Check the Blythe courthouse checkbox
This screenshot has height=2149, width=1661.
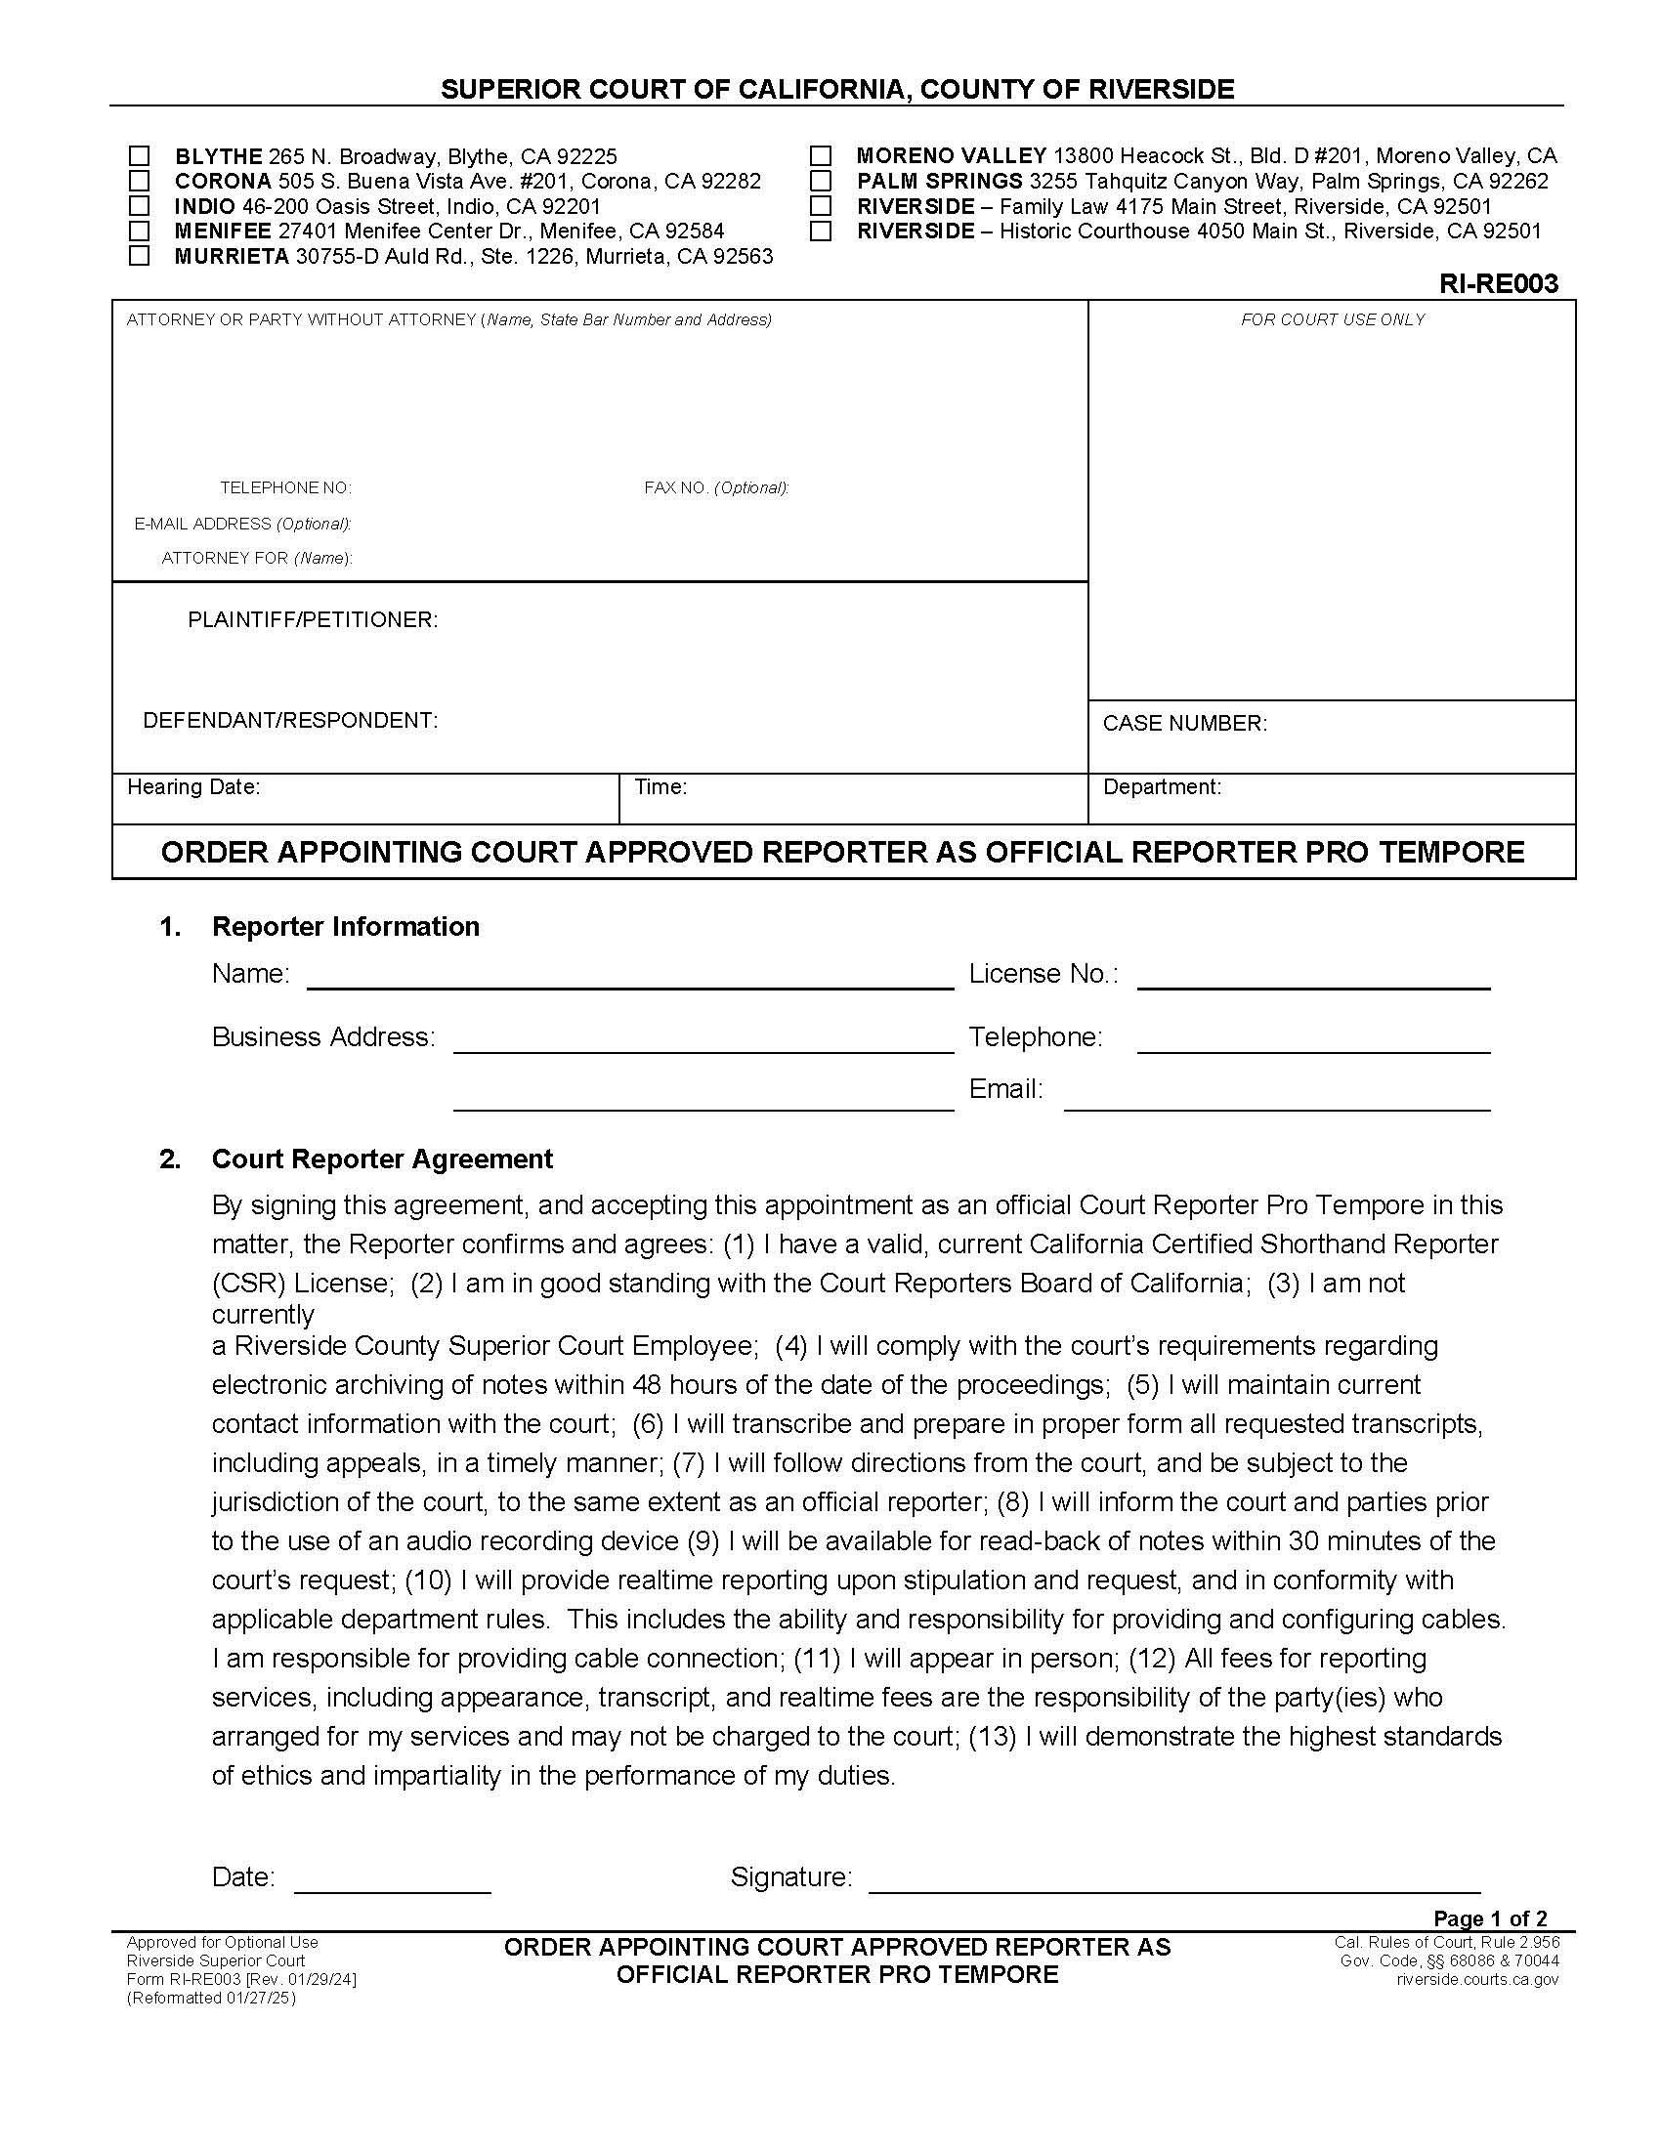click(x=140, y=156)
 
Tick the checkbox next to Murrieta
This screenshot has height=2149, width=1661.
click(x=140, y=256)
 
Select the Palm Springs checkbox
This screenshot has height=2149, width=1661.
click(x=821, y=181)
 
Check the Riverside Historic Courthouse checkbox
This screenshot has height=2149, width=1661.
click(x=821, y=232)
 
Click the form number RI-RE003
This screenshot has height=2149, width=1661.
click(x=1498, y=284)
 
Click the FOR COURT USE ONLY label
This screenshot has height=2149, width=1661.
click(x=1333, y=319)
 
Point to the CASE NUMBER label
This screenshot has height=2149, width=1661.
click(x=1184, y=723)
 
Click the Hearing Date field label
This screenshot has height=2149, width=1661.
click(x=193, y=787)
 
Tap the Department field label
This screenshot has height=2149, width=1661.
click(x=1161, y=787)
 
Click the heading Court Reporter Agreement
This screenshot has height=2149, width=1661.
click(x=382, y=1159)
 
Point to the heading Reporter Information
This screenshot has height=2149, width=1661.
click(x=345, y=927)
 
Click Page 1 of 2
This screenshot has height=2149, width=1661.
click(x=1490, y=1918)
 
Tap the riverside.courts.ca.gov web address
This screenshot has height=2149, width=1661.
click(x=1477, y=1979)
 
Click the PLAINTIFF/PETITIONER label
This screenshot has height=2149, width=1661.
click(x=313, y=620)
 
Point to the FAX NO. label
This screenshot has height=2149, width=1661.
click(x=715, y=488)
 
